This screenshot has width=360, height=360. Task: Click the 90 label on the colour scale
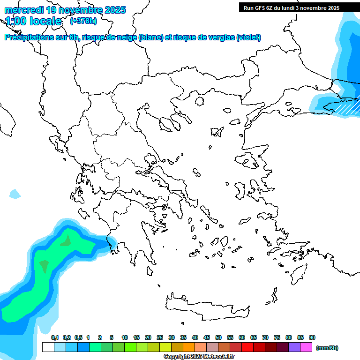(x=312, y=337)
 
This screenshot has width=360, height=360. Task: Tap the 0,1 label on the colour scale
(x=55, y=337)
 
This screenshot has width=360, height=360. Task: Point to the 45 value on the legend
(x=207, y=337)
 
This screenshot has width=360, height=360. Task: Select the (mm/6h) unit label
(x=327, y=348)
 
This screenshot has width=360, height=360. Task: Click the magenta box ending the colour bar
(x=306, y=347)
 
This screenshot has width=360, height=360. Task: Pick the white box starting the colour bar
(x=48, y=347)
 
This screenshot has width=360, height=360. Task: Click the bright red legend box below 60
(x=247, y=347)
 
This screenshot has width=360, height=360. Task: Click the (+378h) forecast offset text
(x=83, y=21)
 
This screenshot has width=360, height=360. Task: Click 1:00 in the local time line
(x=15, y=21)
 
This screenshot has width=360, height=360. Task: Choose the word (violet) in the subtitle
(x=249, y=37)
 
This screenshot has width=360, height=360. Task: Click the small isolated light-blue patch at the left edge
(x=15, y=193)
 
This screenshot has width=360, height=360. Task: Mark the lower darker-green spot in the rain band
(x=44, y=266)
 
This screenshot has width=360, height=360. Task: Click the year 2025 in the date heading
(x=114, y=10)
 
